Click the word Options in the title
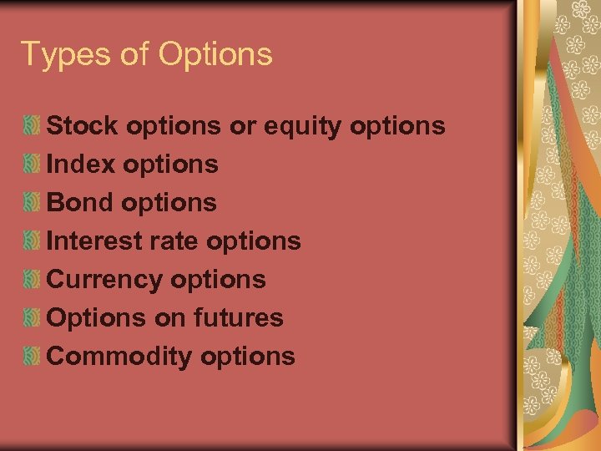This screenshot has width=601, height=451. [x=215, y=55]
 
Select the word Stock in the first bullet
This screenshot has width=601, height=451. [x=81, y=126]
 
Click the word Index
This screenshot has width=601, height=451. [x=81, y=165]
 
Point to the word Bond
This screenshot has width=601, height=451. [x=80, y=203]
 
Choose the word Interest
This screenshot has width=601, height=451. [x=93, y=241]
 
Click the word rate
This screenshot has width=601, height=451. [x=174, y=241]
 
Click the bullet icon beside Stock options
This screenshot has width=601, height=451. [x=33, y=126]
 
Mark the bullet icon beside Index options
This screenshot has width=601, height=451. [x=33, y=165]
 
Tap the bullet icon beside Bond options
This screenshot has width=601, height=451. [x=33, y=203]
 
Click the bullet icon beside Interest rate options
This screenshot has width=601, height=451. [x=33, y=241]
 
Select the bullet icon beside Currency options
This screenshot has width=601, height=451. [x=33, y=280]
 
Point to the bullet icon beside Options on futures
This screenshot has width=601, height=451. [x=33, y=318]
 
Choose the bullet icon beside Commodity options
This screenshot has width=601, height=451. [x=33, y=357]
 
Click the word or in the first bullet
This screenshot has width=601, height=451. [x=242, y=127]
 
